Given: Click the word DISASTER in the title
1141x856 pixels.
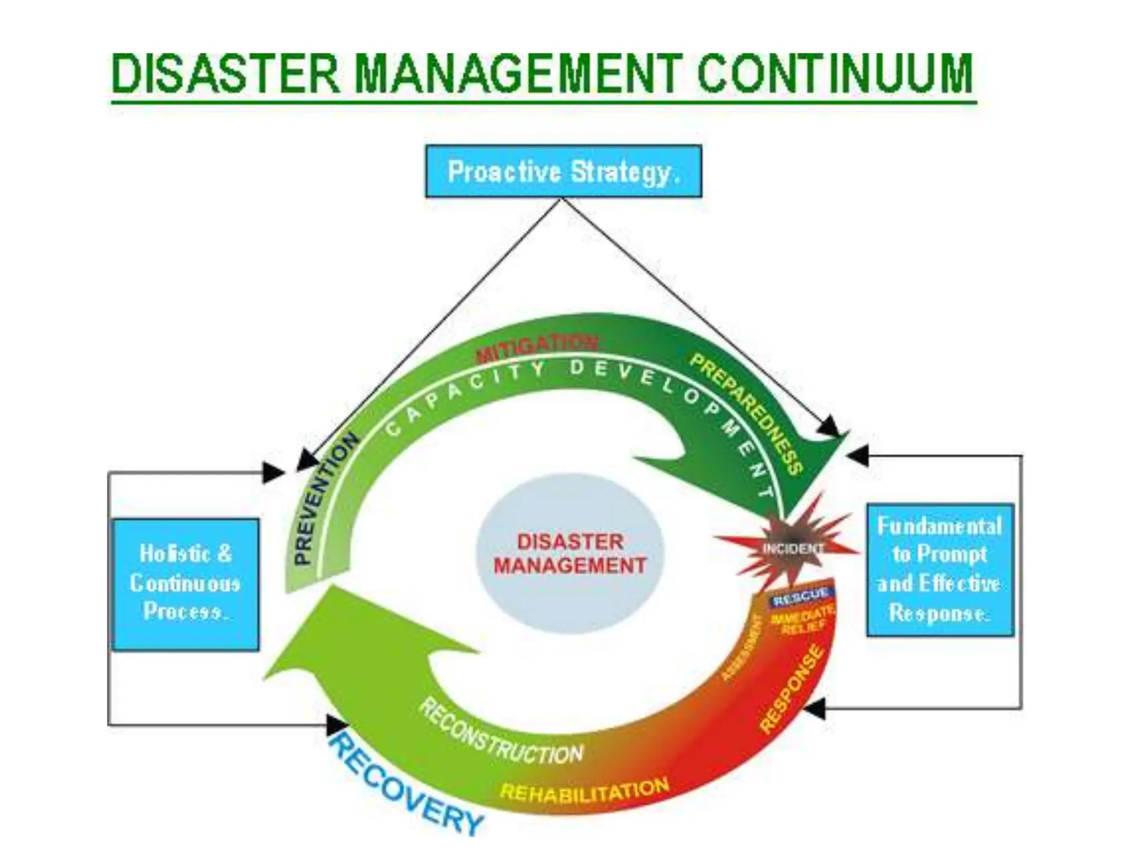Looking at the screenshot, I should [x=225, y=74].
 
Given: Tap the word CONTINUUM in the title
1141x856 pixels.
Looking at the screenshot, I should [x=835, y=74].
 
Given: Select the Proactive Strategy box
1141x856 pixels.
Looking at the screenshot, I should [x=563, y=171].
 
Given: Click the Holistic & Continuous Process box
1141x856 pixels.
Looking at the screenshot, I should [x=185, y=584].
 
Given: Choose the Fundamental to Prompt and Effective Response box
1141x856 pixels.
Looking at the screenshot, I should [x=940, y=570].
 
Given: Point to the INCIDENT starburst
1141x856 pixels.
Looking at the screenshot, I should [x=791, y=549].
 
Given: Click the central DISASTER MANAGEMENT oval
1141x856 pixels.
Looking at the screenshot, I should [x=570, y=553].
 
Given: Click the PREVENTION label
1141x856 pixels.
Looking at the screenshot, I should [x=326, y=499].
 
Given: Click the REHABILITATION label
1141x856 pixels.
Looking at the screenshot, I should [x=584, y=791].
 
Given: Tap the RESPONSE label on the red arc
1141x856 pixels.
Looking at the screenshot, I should [x=792, y=689].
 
